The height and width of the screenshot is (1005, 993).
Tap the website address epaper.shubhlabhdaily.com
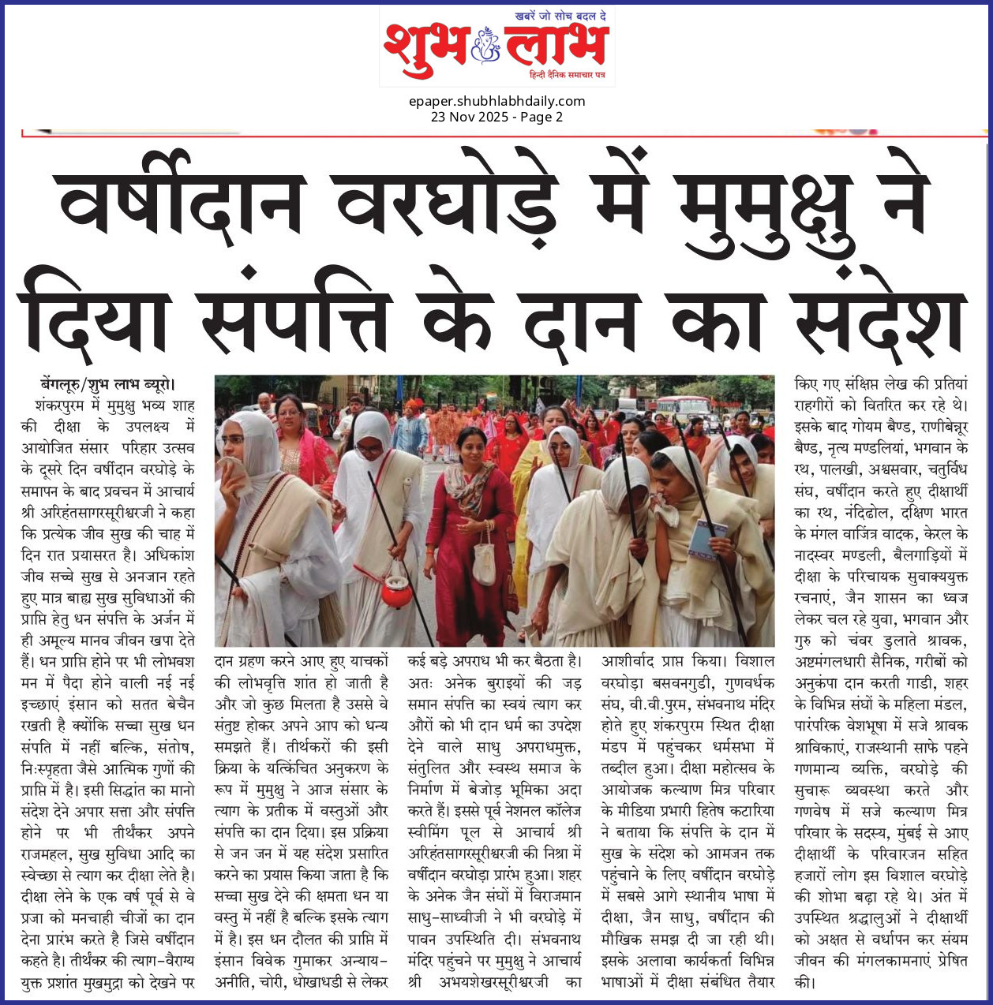pyautogui.click(x=497, y=101)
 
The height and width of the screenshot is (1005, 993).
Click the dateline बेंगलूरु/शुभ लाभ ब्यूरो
pyautogui.click(x=107, y=385)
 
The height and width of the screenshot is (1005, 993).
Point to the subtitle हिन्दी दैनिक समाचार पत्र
pyautogui.click(x=567, y=74)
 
